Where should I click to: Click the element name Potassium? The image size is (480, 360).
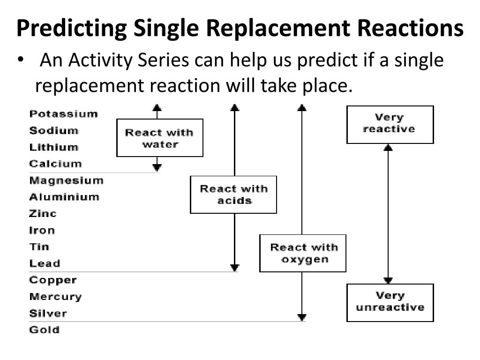63,114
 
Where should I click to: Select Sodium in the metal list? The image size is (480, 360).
53,131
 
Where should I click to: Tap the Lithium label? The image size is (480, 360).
53,147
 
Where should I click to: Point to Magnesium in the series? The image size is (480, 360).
66,180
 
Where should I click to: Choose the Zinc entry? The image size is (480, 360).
43,213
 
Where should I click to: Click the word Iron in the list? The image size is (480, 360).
42,230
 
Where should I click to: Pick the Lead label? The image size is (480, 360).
45,263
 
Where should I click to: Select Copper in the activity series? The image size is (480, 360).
53,280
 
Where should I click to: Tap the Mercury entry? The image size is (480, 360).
55,297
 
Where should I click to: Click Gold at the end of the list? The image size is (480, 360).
45,330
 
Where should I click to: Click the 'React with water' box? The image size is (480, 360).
160,138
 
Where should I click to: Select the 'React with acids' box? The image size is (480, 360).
233,195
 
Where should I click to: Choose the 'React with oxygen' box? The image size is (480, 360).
303,253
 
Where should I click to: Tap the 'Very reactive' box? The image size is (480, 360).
390,125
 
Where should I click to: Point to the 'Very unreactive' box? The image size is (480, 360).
390,303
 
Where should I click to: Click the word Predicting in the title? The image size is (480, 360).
72,28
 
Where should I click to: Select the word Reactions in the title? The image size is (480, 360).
410,28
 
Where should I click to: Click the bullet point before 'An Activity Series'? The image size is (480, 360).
21,59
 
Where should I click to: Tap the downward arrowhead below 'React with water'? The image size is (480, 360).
157,167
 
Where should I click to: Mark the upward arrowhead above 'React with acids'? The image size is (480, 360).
235,107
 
